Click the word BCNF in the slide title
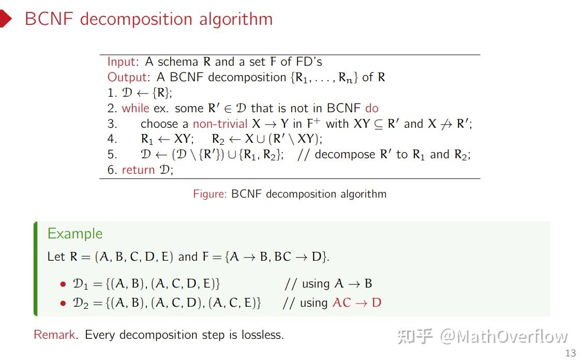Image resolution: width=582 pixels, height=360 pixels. (x=50, y=19)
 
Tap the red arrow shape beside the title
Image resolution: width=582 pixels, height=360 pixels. (x=5, y=19)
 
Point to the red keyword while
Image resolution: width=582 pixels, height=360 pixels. (x=135, y=109)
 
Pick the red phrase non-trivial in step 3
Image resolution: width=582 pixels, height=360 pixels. (x=220, y=124)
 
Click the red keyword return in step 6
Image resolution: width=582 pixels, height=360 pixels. (x=138, y=170)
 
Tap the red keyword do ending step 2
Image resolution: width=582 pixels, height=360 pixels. (x=372, y=109)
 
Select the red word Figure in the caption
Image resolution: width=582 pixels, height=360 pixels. (x=210, y=194)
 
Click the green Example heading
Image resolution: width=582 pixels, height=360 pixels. (x=75, y=234)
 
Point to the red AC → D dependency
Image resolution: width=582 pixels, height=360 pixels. (x=356, y=303)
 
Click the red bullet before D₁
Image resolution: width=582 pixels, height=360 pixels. (x=63, y=284)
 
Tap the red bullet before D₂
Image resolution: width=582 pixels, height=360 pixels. (x=63, y=304)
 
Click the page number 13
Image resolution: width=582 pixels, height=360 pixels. (x=571, y=353)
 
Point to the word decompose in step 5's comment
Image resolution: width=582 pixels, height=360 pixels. (x=345, y=155)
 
